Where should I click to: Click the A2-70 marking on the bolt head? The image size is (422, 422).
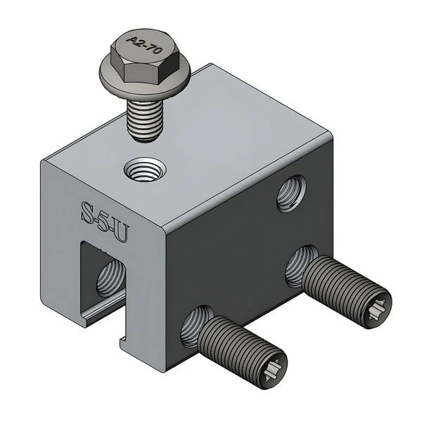point(144,44)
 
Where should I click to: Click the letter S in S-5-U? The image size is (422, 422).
point(88,212)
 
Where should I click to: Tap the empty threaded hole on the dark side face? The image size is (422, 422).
point(291,193)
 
